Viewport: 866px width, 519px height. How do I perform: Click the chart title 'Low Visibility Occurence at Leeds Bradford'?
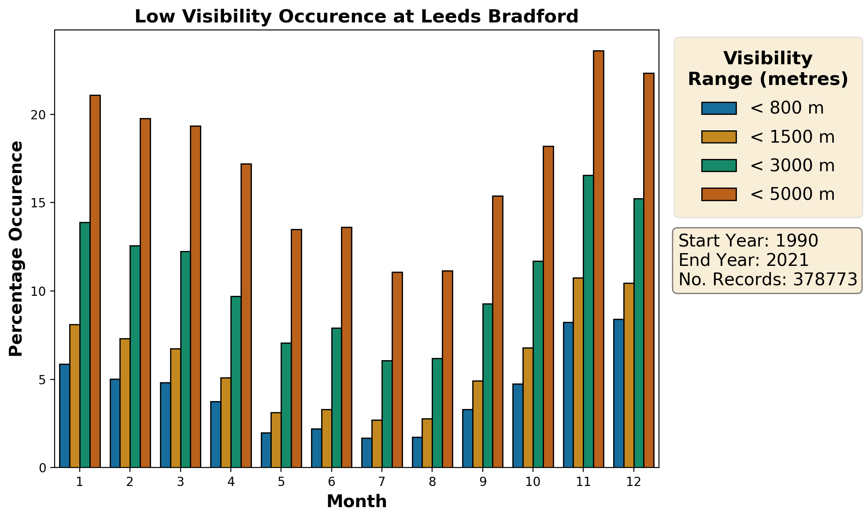356,17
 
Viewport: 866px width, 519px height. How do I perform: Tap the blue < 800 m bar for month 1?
65,416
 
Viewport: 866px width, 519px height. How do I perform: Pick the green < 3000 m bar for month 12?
639,333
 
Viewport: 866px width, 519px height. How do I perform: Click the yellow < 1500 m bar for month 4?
226,422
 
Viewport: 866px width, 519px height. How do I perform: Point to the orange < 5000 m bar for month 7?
397,370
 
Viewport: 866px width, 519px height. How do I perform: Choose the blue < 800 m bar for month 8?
417,452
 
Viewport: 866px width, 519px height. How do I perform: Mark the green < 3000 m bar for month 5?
286,405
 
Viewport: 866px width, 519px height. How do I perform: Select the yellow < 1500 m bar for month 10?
528,407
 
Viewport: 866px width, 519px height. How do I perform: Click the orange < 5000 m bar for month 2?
145,293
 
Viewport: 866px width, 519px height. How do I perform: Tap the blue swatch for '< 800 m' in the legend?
719,108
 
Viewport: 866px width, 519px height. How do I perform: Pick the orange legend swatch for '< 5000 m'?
719,194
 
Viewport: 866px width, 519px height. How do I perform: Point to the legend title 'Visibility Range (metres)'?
768,69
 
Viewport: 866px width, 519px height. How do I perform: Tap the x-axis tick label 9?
483,482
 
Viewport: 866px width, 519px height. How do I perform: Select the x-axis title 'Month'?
356,501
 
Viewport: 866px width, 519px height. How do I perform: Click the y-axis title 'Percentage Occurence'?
16,248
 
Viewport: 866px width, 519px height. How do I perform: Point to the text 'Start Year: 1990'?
748,241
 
